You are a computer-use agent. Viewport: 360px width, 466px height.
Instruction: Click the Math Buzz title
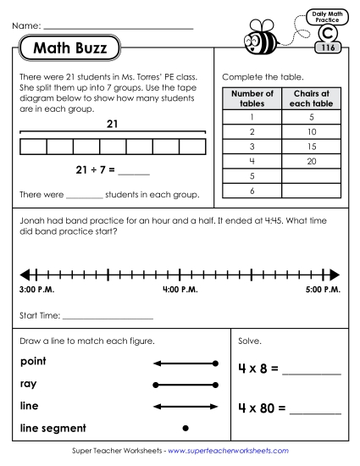pos(70,48)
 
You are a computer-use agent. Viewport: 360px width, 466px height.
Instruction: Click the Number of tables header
pos(252,98)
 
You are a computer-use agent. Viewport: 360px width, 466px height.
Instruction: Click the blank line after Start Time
pos(108,317)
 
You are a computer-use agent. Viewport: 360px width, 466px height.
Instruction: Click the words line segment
pos(52,428)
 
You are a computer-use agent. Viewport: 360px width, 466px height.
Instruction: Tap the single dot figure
pos(186,428)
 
